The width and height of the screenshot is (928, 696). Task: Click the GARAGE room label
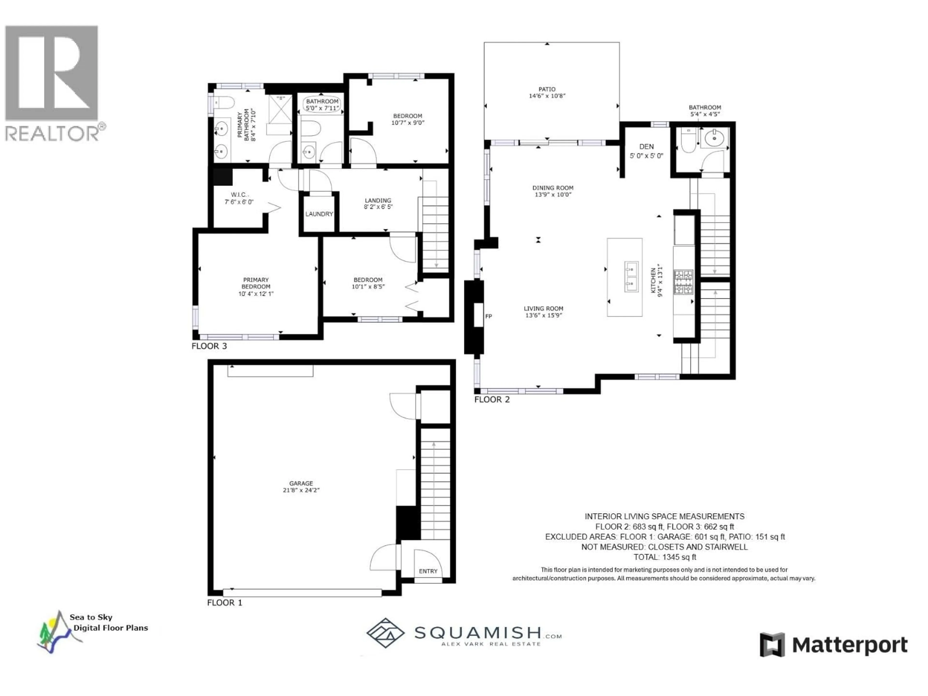pos(301,483)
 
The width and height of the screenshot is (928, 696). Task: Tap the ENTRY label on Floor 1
pos(428,571)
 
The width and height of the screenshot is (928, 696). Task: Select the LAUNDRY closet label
pos(319,214)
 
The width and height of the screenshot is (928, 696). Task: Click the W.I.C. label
pos(239,195)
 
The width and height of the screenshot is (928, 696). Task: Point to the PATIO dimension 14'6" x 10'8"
pos(547,96)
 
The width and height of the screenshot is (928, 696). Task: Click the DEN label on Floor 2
pos(646,146)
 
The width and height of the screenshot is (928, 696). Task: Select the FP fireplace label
pos(488,316)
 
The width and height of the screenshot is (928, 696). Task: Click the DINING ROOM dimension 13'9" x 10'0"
pos(552,195)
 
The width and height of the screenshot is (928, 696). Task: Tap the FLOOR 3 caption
pos(209,346)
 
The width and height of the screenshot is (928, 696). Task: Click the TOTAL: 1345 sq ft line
pos(665,557)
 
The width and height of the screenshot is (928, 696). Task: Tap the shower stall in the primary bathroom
pos(280,109)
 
